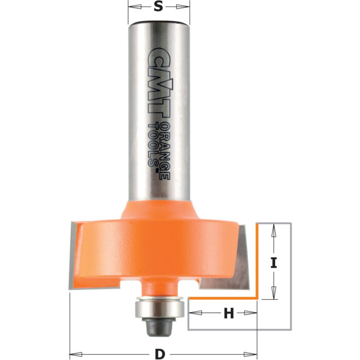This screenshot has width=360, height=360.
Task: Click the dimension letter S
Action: [x=159, y=7]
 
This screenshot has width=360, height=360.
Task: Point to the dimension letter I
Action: [x=274, y=264]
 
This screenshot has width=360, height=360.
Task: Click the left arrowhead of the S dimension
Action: [x=132, y=7]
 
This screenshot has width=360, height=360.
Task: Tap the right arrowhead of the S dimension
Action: [x=186, y=7]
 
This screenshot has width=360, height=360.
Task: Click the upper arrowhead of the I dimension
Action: [x=274, y=228]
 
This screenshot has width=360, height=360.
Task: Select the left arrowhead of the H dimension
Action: [x=193, y=313]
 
